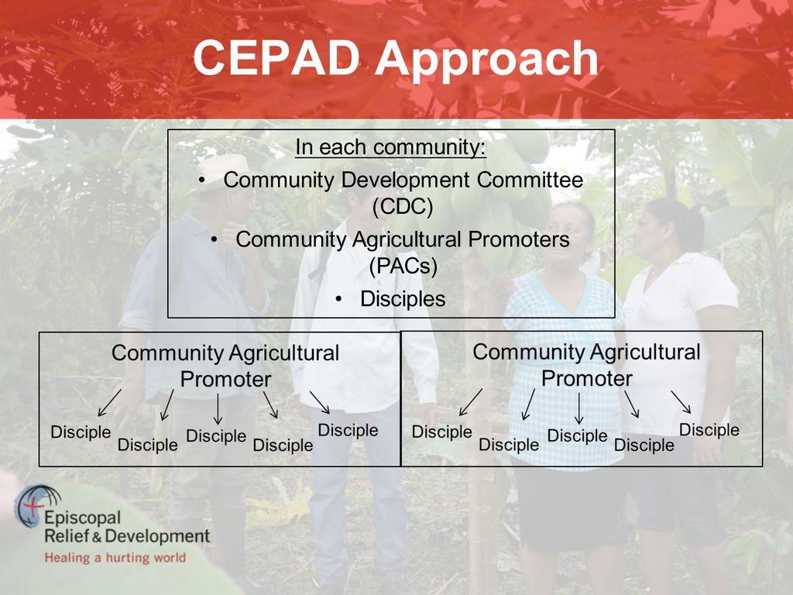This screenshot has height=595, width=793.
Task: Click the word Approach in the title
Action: tap(486, 60)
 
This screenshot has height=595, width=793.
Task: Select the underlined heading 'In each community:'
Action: tap(390, 147)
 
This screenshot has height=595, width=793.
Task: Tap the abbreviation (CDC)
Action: tap(403, 206)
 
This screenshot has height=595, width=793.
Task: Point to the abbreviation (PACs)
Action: tap(403, 266)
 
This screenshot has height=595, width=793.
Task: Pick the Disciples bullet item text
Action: tap(403, 299)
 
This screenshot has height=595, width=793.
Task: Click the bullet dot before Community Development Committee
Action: tap(202, 180)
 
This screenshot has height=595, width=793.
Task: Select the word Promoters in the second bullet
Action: tap(518, 239)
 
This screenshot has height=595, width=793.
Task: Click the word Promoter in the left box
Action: tap(225, 379)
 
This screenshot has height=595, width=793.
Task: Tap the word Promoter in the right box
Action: tap(587, 378)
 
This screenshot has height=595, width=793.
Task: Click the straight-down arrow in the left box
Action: tap(218, 409)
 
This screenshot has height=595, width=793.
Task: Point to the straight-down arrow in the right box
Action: tap(579, 408)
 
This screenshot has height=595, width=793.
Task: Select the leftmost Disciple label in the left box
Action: tap(81, 432)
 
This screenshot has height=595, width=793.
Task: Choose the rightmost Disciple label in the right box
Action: tap(709, 429)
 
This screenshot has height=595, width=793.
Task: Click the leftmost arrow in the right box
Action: tap(470, 402)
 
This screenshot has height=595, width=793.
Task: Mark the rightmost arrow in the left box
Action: tap(320, 402)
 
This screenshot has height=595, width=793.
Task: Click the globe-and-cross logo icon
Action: tap(37, 506)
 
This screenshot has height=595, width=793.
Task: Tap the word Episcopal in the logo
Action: tap(82, 518)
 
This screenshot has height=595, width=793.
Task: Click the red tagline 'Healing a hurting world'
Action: tap(115, 558)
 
